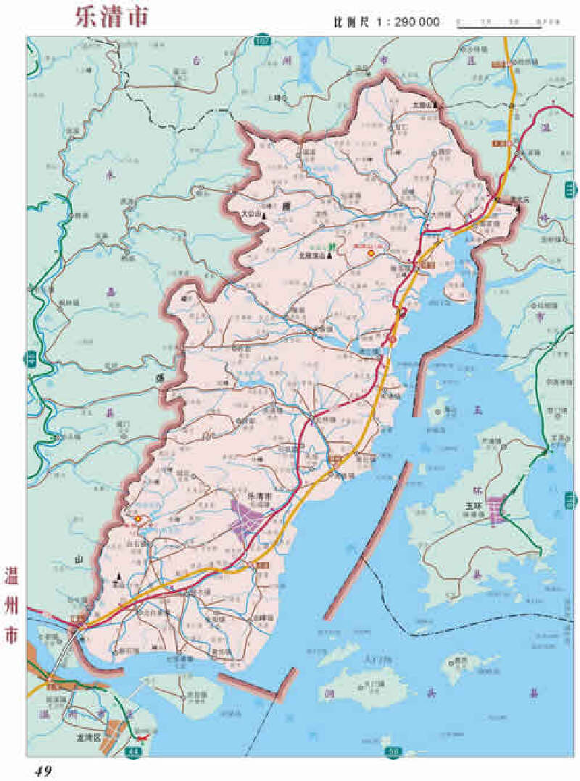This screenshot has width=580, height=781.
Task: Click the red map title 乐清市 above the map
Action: [x=111, y=18]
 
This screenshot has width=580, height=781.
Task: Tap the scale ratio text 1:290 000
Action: [x=407, y=22]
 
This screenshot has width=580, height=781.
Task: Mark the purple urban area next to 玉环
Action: [x=497, y=510]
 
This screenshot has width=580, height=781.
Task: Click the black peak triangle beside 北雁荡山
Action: [x=328, y=256]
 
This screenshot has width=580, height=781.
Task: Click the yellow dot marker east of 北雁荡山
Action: [x=370, y=254]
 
